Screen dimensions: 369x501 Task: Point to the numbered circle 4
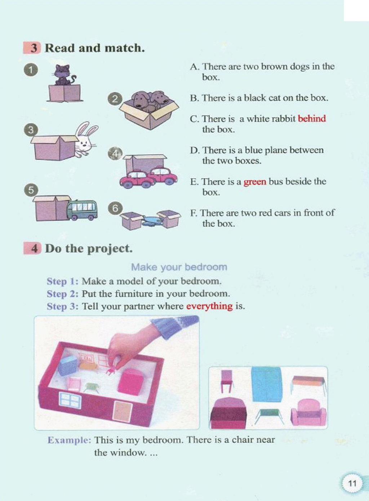pos(115,154)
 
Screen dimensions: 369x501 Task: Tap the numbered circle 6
pos(115,208)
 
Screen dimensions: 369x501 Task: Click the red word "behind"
pos(312,119)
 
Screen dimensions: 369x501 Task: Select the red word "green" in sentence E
pos(255,182)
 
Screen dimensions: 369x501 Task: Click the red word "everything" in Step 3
pos(209,306)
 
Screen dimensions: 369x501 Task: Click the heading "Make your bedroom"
pos(179,267)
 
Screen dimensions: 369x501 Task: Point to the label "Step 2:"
pos(63,294)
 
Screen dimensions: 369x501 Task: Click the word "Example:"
pos(69,440)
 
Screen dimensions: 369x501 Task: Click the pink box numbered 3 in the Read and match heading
pos(32,48)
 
